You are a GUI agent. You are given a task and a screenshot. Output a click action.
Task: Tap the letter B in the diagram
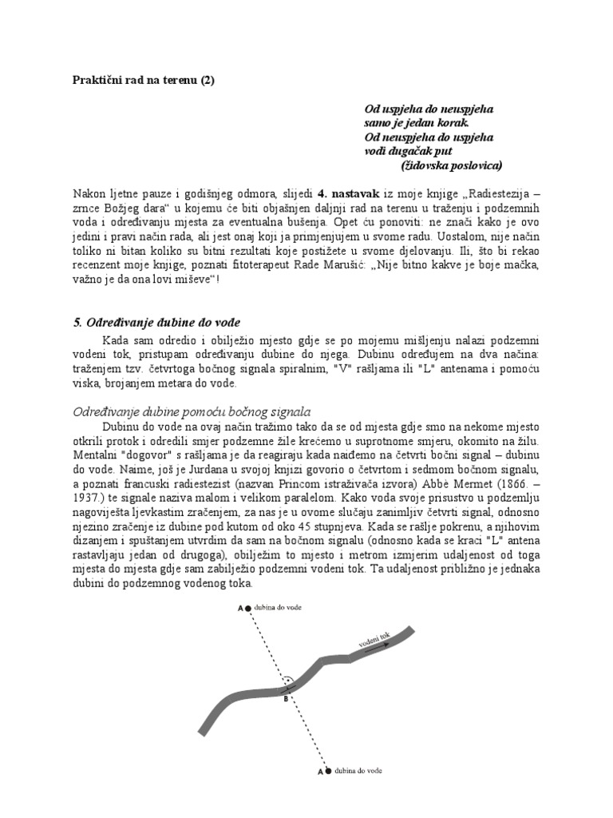pyautogui.click(x=286, y=698)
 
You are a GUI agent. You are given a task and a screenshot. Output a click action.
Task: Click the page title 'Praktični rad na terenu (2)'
pyautogui.click(x=144, y=79)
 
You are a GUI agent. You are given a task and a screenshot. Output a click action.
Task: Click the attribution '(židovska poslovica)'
pyautogui.click(x=451, y=165)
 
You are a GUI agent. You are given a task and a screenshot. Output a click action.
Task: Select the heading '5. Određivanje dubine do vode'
pyautogui.click(x=156, y=322)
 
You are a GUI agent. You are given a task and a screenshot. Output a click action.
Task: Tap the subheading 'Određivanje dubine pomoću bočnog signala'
pyautogui.click(x=191, y=412)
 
